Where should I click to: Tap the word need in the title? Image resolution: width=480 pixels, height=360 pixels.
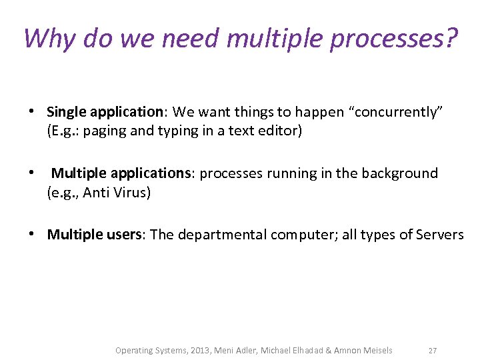(x=189, y=38)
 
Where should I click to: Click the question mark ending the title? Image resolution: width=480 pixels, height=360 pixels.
(x=450, y=38)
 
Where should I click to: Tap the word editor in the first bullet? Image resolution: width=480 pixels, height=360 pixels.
(x=281, y=131)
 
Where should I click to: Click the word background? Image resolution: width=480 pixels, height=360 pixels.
(x=399, y=173)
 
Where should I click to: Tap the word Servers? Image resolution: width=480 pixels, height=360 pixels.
(x=439, y=235)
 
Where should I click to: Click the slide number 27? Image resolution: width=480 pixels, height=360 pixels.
(x=433, y=351)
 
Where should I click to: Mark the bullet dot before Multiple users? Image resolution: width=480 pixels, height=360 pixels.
(x=32, y=235)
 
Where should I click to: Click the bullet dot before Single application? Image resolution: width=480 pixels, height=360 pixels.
(x=32, y=112)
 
